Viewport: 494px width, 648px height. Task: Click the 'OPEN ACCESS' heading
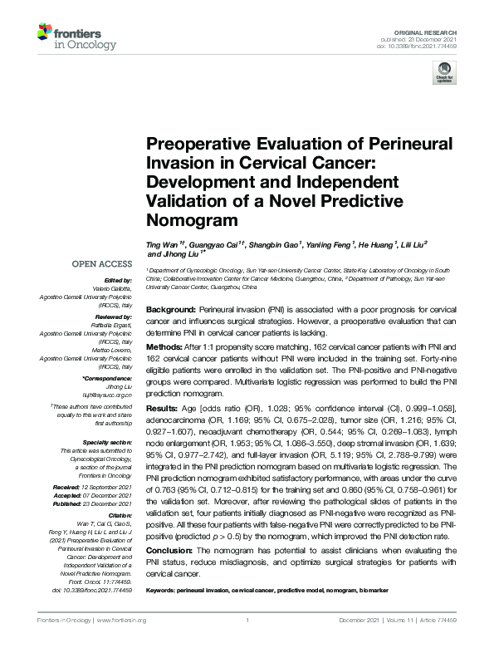point(105,265)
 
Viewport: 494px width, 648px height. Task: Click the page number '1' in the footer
point(247,620)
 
